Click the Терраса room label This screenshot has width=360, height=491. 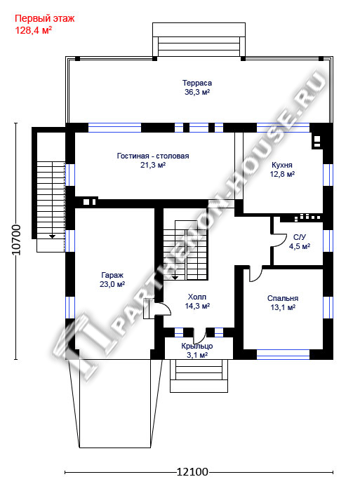[x=197, y=83]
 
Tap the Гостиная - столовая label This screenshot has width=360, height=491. [x=153, y=156]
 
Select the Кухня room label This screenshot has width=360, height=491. [x=282, y=165]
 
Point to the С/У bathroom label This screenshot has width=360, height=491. [x=300, y=237]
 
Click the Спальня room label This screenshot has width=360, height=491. [x=283, y=298]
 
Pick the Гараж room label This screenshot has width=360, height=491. [x=112, y=275]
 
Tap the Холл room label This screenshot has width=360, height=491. [x=197, y=297]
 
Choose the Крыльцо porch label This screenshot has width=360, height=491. [x=197, y=346]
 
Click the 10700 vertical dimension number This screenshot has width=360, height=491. [x=15, y=240]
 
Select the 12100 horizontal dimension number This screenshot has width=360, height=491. [x=192, y=471]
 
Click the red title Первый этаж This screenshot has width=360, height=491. [x=45, y=18]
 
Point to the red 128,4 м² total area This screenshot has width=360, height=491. [x=34, y=30]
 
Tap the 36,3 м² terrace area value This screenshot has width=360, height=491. [x=197, y=92]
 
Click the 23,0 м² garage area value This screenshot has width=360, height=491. [x=112, y=284]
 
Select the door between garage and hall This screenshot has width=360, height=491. [x=162, y=309]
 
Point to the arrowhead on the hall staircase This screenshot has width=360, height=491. [x=175, y=277]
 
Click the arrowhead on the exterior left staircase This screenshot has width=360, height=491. [x=52, y=236]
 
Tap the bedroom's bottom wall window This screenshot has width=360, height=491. [x=283, y=354]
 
